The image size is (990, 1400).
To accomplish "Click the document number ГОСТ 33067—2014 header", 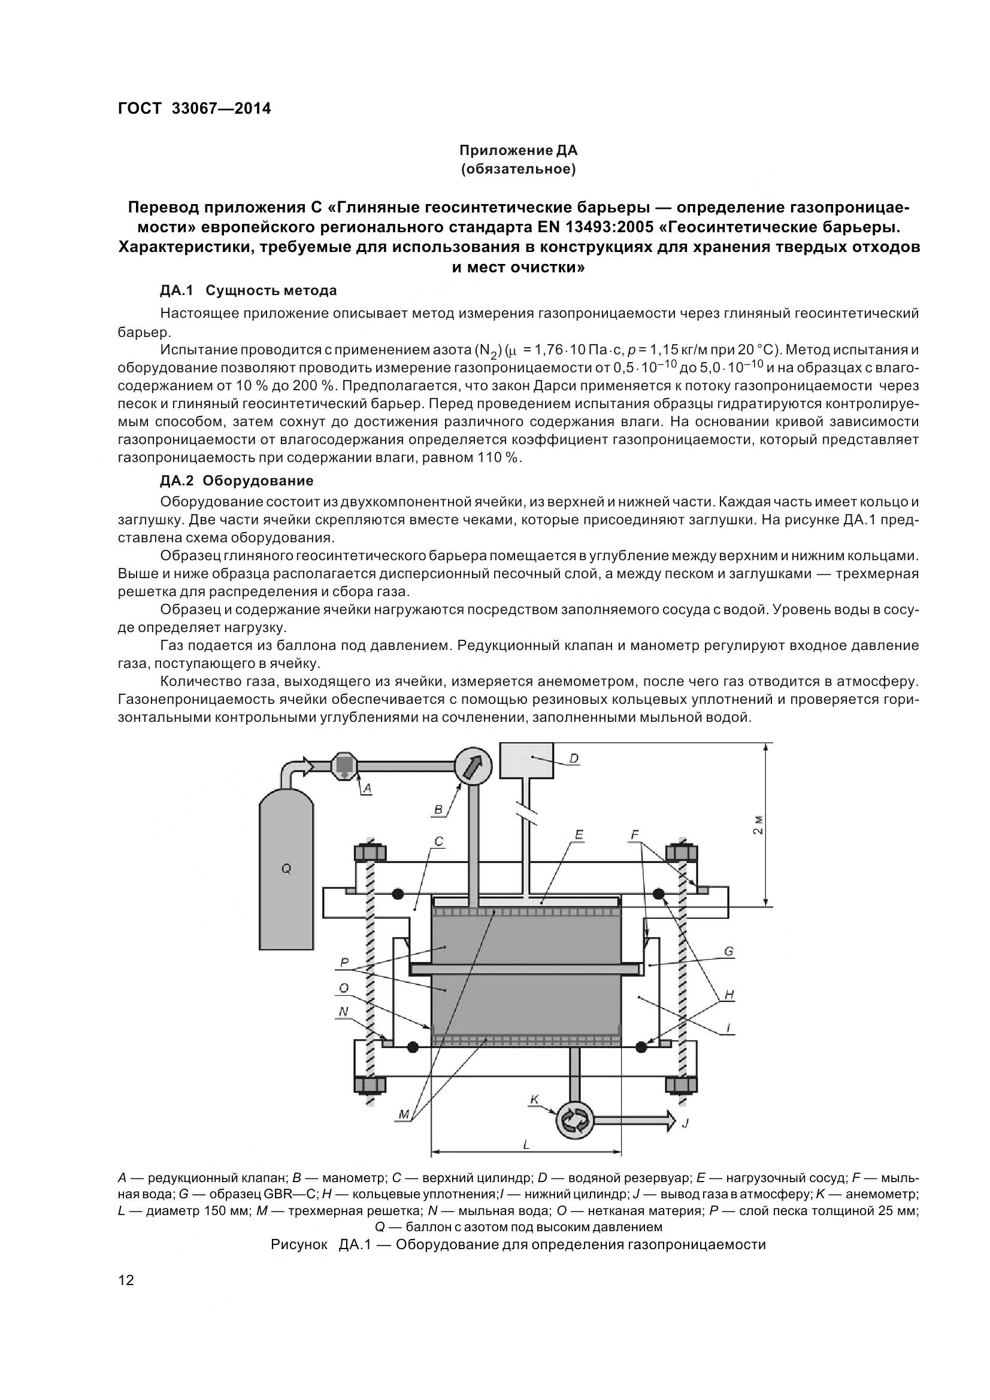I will [x=194, y=108].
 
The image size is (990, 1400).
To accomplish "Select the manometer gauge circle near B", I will [x=473, y=766].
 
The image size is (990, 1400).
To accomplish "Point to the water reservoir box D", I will [x=526, y=760].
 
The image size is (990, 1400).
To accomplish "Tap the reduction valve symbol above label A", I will [x=344, y=766].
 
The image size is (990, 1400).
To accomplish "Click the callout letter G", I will [x=728, y=951].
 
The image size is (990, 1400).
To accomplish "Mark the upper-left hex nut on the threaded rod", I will [x=368, y=852].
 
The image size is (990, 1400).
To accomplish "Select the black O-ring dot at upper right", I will [x=659, y=894].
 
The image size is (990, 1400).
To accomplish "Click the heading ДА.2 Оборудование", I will [x=237, y=481].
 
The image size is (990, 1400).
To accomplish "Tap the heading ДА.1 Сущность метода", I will [x=249, y=290].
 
